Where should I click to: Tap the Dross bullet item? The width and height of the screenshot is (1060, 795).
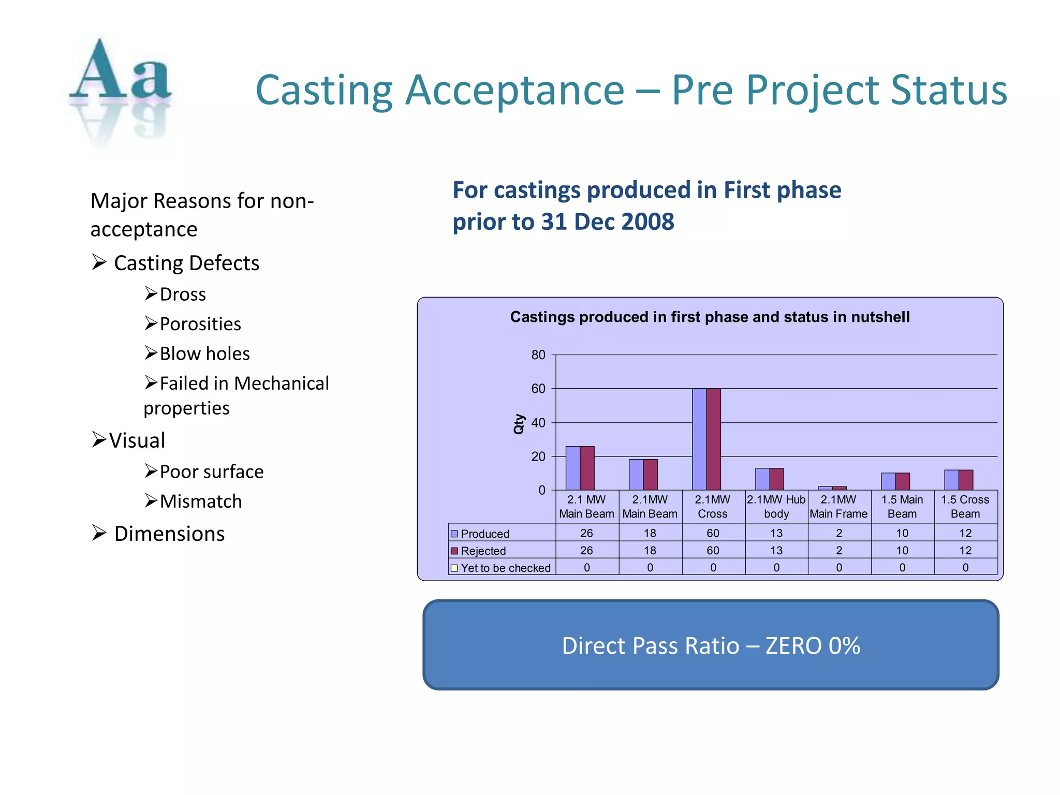pos(182,294)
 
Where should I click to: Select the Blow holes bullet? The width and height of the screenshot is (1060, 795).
pos(204,354)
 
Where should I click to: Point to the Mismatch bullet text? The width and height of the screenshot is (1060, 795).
pos(200,501)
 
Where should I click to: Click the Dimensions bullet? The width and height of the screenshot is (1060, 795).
pos(169,534)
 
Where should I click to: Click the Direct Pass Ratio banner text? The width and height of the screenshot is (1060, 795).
pos(711,645)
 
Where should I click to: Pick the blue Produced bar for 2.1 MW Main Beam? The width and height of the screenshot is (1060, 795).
pos(572,468)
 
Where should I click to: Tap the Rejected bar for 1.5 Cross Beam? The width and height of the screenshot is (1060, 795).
pos(965,480)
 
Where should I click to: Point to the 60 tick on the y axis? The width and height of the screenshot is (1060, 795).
pos(538,389)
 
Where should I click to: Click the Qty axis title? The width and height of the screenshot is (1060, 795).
pos(519,423)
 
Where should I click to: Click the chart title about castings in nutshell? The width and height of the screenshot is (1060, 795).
pos(710,317)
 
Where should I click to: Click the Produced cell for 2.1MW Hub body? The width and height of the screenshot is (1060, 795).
pos(776,533)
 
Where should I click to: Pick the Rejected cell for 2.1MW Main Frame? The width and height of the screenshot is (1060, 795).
pos(838,550)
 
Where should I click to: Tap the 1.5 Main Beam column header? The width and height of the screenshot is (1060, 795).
pos(902,506)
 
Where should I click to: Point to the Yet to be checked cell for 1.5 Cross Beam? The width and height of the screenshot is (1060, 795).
pos(965,567)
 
